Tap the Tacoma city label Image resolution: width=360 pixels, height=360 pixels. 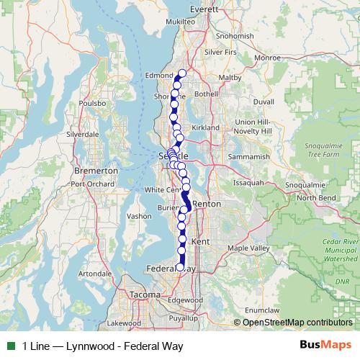pos(145,294)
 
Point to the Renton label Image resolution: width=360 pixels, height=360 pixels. pos(207,204)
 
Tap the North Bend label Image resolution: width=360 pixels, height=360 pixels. pos(316,197)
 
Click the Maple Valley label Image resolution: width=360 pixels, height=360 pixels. pos(248,248)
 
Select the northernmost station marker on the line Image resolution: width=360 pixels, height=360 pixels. pos(182,73)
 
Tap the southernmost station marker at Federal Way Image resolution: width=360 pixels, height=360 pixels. pos(180,267)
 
